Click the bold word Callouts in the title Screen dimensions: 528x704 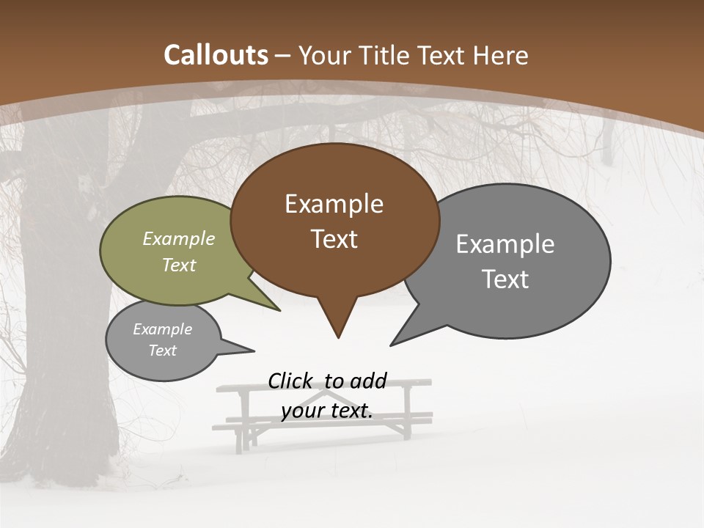tap(216, 55)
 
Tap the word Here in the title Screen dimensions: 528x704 tap(502, 55)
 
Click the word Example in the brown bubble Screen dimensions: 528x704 tap(334, 204)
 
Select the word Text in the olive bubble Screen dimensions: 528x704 tap(179, 265)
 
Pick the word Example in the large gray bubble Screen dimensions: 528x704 tap(505, 244)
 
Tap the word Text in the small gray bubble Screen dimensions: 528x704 tap(163, 351)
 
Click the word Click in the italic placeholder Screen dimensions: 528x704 tap(290, 381)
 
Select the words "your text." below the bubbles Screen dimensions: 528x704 tap(327, 411)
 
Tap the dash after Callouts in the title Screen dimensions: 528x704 tap(284, 55)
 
